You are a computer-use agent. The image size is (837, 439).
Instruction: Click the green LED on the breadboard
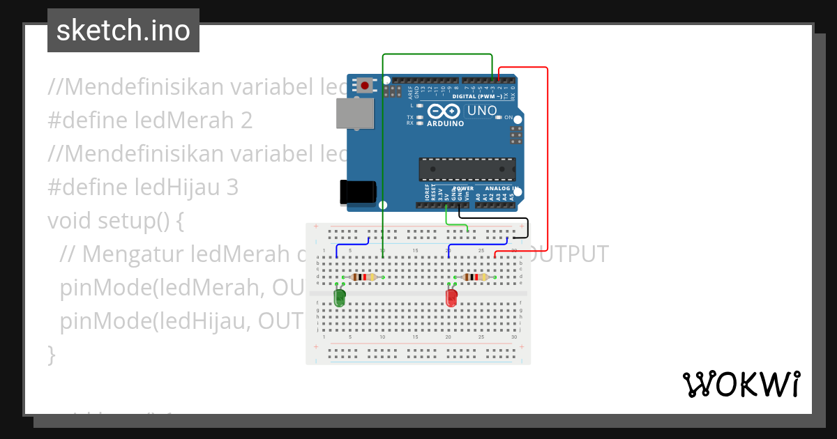point(340,298)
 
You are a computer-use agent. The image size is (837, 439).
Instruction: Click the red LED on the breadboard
point(451,298)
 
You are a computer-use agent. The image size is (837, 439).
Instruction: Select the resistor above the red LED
point(476,277)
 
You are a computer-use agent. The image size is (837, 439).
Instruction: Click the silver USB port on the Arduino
point(354,113)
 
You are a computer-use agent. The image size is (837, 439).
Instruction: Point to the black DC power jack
point(357,192)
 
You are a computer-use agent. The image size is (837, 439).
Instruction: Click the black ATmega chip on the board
point(467,169)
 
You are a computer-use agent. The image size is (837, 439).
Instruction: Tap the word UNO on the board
point(481,111)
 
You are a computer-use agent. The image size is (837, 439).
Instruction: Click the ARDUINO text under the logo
point(445,123)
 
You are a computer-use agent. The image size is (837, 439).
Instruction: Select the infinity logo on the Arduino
point(444,111)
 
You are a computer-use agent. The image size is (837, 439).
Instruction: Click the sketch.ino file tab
point(123,31)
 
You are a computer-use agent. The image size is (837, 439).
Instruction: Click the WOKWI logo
point(741,384)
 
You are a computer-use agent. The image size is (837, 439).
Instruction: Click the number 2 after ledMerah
point(246,121)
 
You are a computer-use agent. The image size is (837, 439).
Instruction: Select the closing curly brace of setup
point(51,355)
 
